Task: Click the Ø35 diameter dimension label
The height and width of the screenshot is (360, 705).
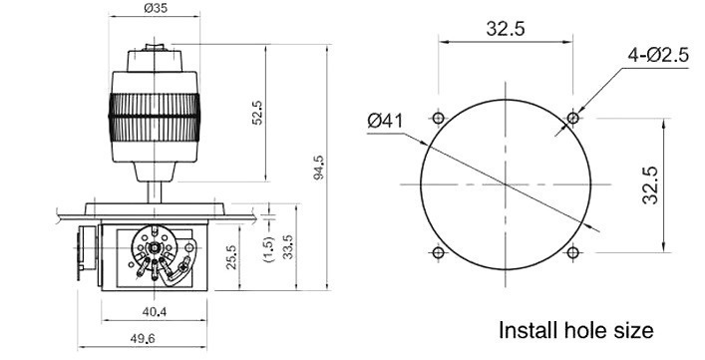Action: [156, 8]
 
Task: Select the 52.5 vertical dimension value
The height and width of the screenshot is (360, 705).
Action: [257, 113]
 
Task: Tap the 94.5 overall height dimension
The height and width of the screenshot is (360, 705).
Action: [318, 168]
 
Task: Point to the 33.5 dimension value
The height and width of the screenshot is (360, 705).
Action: [288, 246]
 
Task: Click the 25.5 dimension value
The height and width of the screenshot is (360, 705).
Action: [231, 257]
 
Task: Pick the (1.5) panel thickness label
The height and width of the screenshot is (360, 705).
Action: [268, 249]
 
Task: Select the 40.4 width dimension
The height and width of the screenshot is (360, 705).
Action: [155, 311]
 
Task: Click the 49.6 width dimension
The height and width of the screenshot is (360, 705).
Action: [142, 338]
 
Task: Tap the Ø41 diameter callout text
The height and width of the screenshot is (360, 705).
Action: [385, 121]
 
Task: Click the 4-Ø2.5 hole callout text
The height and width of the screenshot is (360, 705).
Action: [658, 55]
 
